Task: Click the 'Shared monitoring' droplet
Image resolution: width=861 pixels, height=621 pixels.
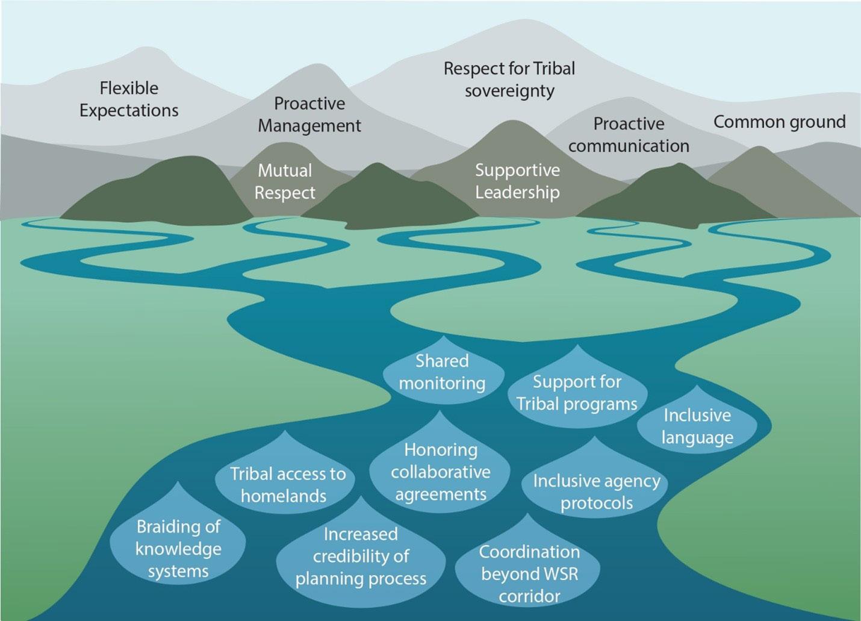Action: (443, 372)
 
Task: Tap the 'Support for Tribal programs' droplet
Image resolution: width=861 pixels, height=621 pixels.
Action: (577, 392)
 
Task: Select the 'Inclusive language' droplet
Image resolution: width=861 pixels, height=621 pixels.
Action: (697, 426)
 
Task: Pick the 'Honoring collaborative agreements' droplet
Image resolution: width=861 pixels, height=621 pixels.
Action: (440, 472)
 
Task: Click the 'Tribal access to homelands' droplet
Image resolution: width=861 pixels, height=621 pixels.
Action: (286, 484)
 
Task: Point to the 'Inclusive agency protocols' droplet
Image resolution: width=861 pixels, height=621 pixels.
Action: (596, 491)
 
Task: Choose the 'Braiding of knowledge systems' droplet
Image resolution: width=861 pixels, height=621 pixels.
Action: (178, 549)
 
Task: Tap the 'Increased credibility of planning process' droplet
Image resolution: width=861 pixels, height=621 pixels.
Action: (361, 556)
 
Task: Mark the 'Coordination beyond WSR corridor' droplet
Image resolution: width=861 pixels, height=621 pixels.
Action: (529, 573)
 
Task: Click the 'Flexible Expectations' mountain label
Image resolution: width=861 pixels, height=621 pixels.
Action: (129, 99)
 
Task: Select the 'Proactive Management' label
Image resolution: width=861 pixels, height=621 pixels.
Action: (309, 114)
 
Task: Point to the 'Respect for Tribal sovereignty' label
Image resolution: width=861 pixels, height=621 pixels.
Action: (509, 80)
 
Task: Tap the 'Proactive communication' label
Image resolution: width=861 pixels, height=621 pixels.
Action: (629, 134)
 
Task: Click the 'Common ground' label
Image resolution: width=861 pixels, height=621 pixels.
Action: (779, 122)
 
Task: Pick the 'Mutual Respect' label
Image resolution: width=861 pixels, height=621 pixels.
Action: (285, 181)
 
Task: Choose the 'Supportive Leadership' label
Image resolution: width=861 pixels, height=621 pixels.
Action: (517, 181)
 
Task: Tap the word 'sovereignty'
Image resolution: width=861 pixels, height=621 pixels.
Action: (509, 91)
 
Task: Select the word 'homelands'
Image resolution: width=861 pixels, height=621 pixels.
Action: (284, 496)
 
